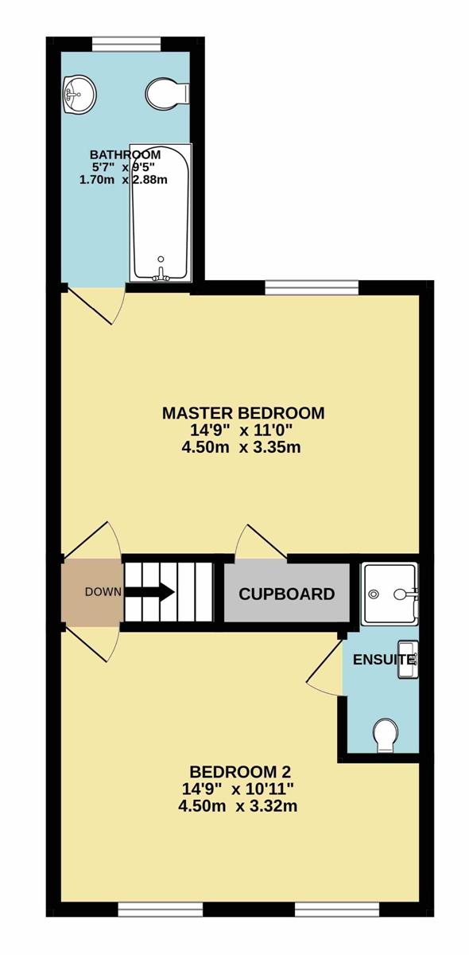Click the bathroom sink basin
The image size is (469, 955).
pos(80,95)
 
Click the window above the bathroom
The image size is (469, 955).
pos(126,44)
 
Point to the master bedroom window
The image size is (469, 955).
pos(312,287)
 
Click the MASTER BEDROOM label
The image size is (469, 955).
pos(243,413)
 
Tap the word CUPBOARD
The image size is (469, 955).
pos(287,594)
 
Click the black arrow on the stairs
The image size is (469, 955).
pos(150,592)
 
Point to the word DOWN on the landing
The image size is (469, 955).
pos(103,592)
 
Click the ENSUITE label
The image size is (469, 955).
pos(383,660)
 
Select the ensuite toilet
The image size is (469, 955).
pos(385,735)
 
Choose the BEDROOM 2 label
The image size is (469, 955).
pos(240,772)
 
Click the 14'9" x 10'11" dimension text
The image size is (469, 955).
pos(238,789)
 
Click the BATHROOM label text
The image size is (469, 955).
pos(126,154)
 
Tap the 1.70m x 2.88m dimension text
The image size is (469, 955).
pos(123,180)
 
